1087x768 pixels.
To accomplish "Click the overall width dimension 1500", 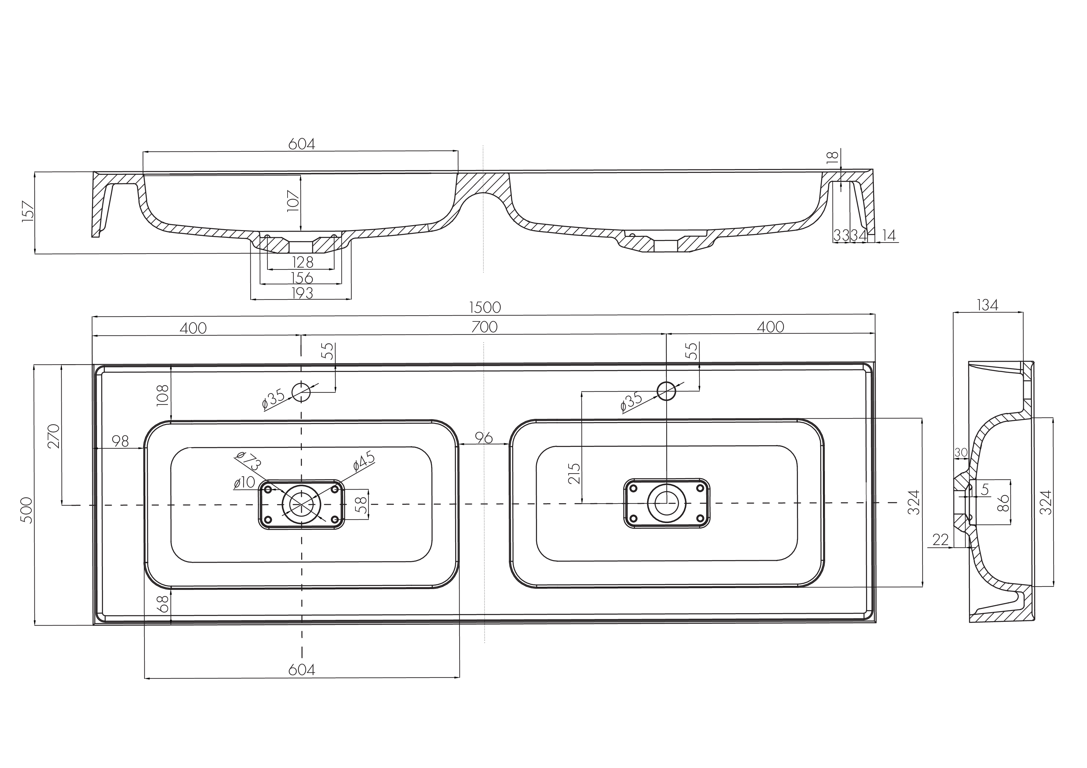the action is [485, 308].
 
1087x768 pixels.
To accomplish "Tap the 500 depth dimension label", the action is [28, 510].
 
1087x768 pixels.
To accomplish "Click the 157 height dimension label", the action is [28, 211].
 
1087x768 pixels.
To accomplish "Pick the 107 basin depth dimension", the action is [293, 201].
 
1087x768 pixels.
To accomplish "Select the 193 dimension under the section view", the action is [302, 293].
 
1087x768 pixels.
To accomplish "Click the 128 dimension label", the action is [302, 262].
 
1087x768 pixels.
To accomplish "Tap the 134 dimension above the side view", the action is [988, 305].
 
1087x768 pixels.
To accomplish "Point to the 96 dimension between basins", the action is [484, 438].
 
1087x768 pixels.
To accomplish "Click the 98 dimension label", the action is [120, 441].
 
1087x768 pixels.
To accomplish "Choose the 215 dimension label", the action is [574, 473].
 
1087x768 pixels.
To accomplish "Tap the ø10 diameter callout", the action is [244, 483].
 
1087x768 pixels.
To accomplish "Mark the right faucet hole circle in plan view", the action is [666, 391].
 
